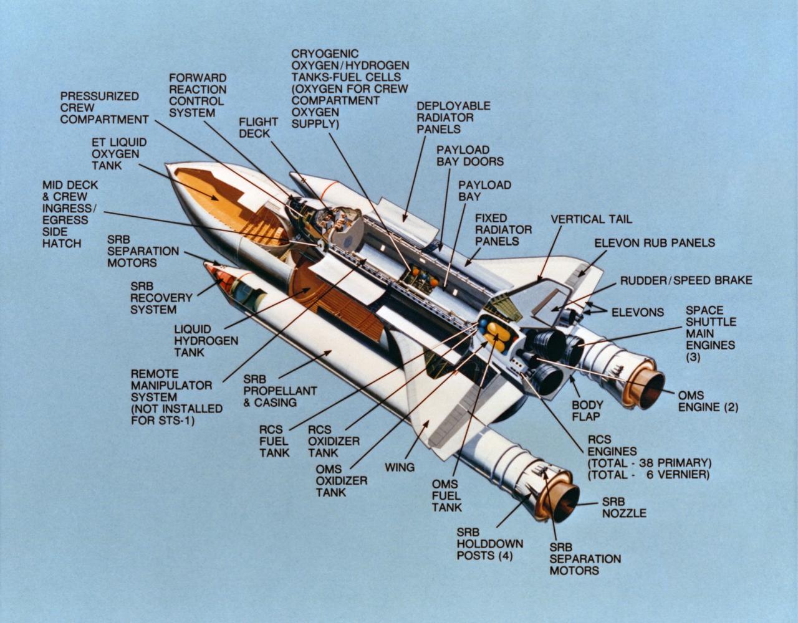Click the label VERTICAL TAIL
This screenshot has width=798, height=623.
coord(591,219)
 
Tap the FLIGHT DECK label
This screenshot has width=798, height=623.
coord(254,128)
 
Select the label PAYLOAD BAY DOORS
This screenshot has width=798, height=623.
coord(469,156)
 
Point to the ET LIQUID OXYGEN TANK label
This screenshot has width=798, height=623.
coord(115,154)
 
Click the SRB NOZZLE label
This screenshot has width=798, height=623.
coord(623,507)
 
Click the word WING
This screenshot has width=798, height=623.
coord(400,467)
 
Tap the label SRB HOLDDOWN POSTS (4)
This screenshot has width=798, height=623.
coord(489,544)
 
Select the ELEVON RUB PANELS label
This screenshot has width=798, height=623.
coord(654,242)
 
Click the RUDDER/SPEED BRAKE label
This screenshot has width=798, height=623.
coord(686,280)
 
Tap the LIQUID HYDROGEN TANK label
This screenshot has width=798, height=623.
coord(206,340)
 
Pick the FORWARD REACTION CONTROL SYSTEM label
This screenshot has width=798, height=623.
coord(197,95)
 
